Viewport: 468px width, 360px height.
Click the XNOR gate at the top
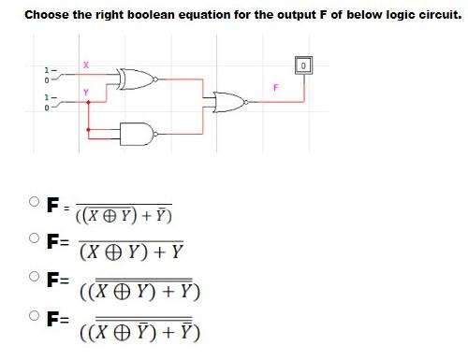point(135,79)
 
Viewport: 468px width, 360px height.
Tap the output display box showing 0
point(304,65)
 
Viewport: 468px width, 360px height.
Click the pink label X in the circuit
point(85,64)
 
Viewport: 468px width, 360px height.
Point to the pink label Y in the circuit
point(85,92)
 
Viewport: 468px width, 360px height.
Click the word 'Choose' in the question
point(48,14)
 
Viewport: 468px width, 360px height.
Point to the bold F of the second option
point(52,240)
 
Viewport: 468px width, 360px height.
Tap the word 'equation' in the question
point(219,14)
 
